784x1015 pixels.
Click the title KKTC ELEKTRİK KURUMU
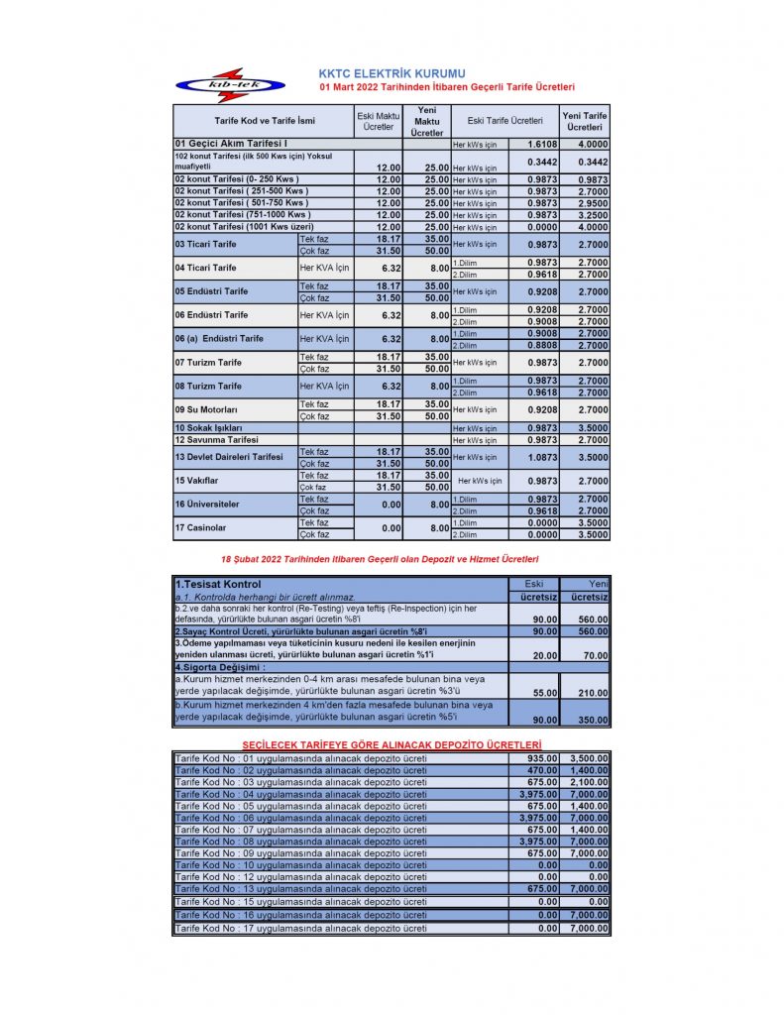pyautogui.click(x=392, y=73)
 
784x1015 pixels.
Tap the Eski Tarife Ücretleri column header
pyautogui.click(x=504, y=121)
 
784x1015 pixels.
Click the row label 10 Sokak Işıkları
pyautogui.click(x=208, y=427)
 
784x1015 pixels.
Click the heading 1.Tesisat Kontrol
pyautogui.click(x=217, y=584)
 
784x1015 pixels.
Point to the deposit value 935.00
pyautogui.click(x=541, y=758)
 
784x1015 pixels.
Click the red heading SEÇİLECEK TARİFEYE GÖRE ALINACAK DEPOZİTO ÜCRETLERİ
pyautogui.click(x=392, y=744)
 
